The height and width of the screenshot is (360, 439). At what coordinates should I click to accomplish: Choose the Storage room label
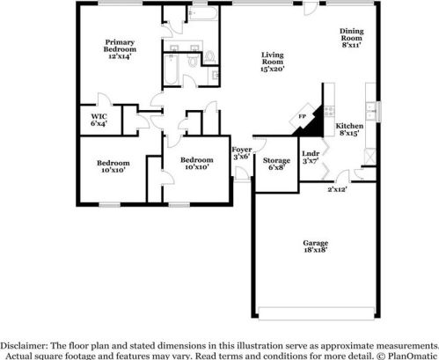coord(276,160)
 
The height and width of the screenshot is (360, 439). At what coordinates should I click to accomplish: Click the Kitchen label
coord(349,126)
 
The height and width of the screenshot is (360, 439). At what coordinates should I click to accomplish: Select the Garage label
coord(316,242)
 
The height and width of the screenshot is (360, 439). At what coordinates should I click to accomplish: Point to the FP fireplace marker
coord(302,116)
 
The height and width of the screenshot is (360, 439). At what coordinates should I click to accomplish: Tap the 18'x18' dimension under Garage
coord(316,250)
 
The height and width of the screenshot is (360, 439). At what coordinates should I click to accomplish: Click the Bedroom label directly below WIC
coord(113,162)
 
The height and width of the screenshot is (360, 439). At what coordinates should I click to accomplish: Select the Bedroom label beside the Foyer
coord(196,159)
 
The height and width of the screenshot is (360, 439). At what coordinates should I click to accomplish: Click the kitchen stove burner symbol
coord(331,112)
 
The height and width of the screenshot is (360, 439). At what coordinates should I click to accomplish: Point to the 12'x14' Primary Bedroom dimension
coord(120,56)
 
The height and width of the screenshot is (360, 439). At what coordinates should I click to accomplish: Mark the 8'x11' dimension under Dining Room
coord(352,43)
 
